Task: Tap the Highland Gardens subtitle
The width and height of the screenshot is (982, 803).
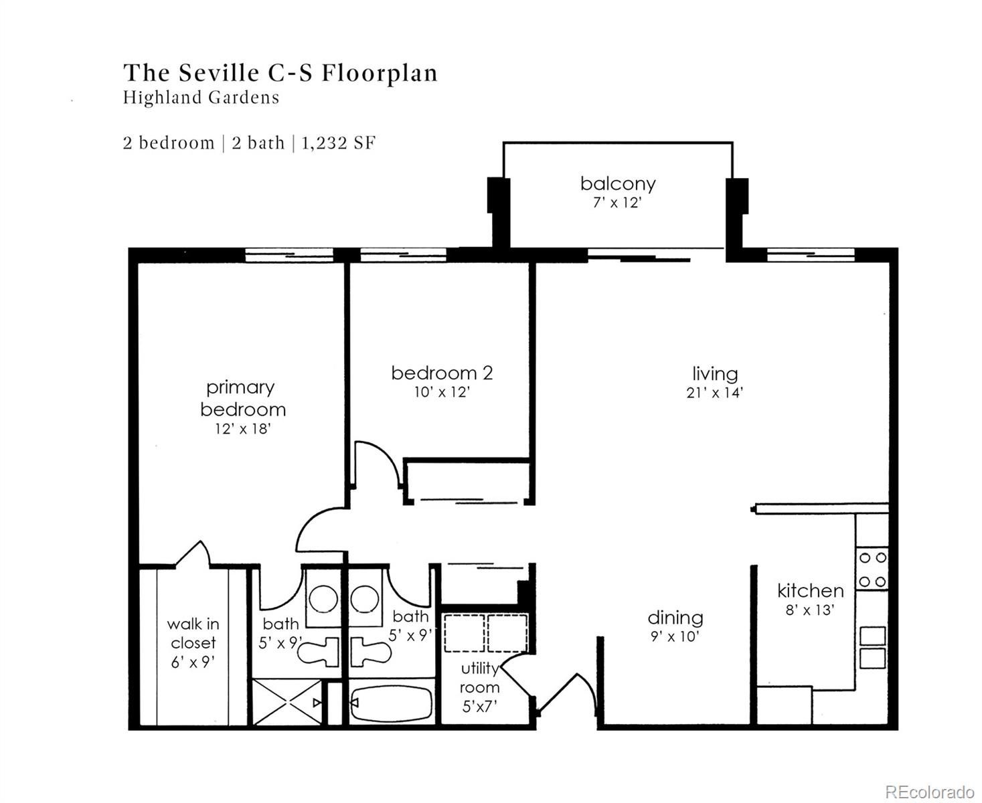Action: [201, 97]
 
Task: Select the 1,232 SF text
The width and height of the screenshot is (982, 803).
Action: [338, 143]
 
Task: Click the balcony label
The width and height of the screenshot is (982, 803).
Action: [617, 183]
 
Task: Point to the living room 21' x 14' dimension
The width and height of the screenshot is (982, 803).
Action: [714, 393]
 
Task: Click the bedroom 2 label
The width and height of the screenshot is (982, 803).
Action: [442, 373]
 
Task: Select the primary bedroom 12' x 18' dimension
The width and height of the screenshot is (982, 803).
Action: [242, 429]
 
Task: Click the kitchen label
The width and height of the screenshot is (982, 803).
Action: [810, 591]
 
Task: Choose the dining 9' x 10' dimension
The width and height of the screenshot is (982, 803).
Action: [675, 636]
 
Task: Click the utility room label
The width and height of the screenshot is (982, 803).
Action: [480, 678]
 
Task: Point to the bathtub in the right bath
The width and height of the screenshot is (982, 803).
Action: [392, 703]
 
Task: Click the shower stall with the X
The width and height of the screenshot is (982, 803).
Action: [287, 702]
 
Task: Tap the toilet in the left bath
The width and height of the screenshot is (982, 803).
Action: [319, 651]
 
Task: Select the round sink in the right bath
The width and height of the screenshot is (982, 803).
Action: [364, 599]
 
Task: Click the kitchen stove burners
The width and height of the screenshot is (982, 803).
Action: [872, 569]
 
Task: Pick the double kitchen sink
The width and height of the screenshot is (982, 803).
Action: [872, 648]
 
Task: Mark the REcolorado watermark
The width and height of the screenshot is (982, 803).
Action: [929, 780]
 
